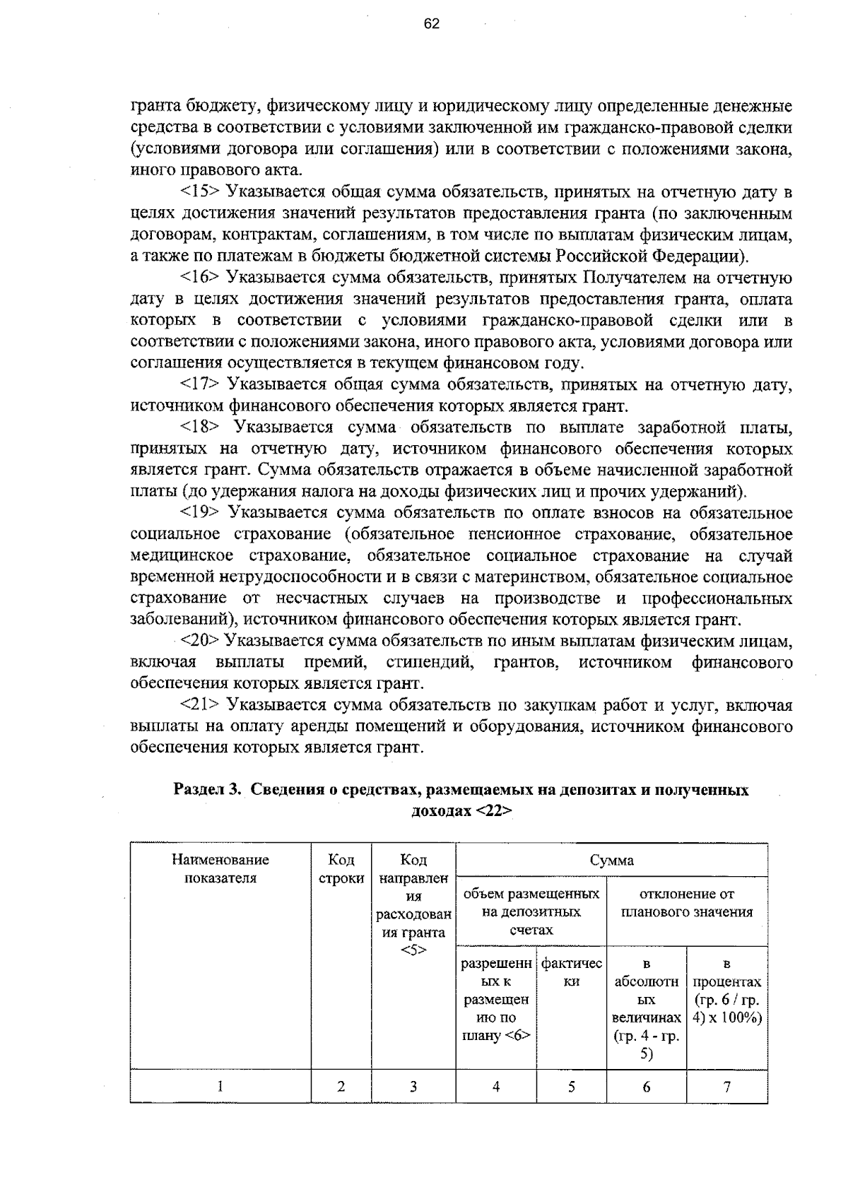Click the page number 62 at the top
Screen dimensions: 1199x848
431,24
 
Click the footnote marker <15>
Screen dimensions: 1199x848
201,192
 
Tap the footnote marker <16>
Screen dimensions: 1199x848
201,278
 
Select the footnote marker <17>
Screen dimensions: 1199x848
201,385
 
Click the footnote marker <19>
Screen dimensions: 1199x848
201,513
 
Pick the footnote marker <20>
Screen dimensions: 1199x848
201,642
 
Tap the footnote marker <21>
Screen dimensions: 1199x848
201,705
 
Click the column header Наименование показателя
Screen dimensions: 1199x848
220,869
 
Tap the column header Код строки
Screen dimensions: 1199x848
341,869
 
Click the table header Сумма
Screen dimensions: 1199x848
612,861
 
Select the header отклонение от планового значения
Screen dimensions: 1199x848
687,903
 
